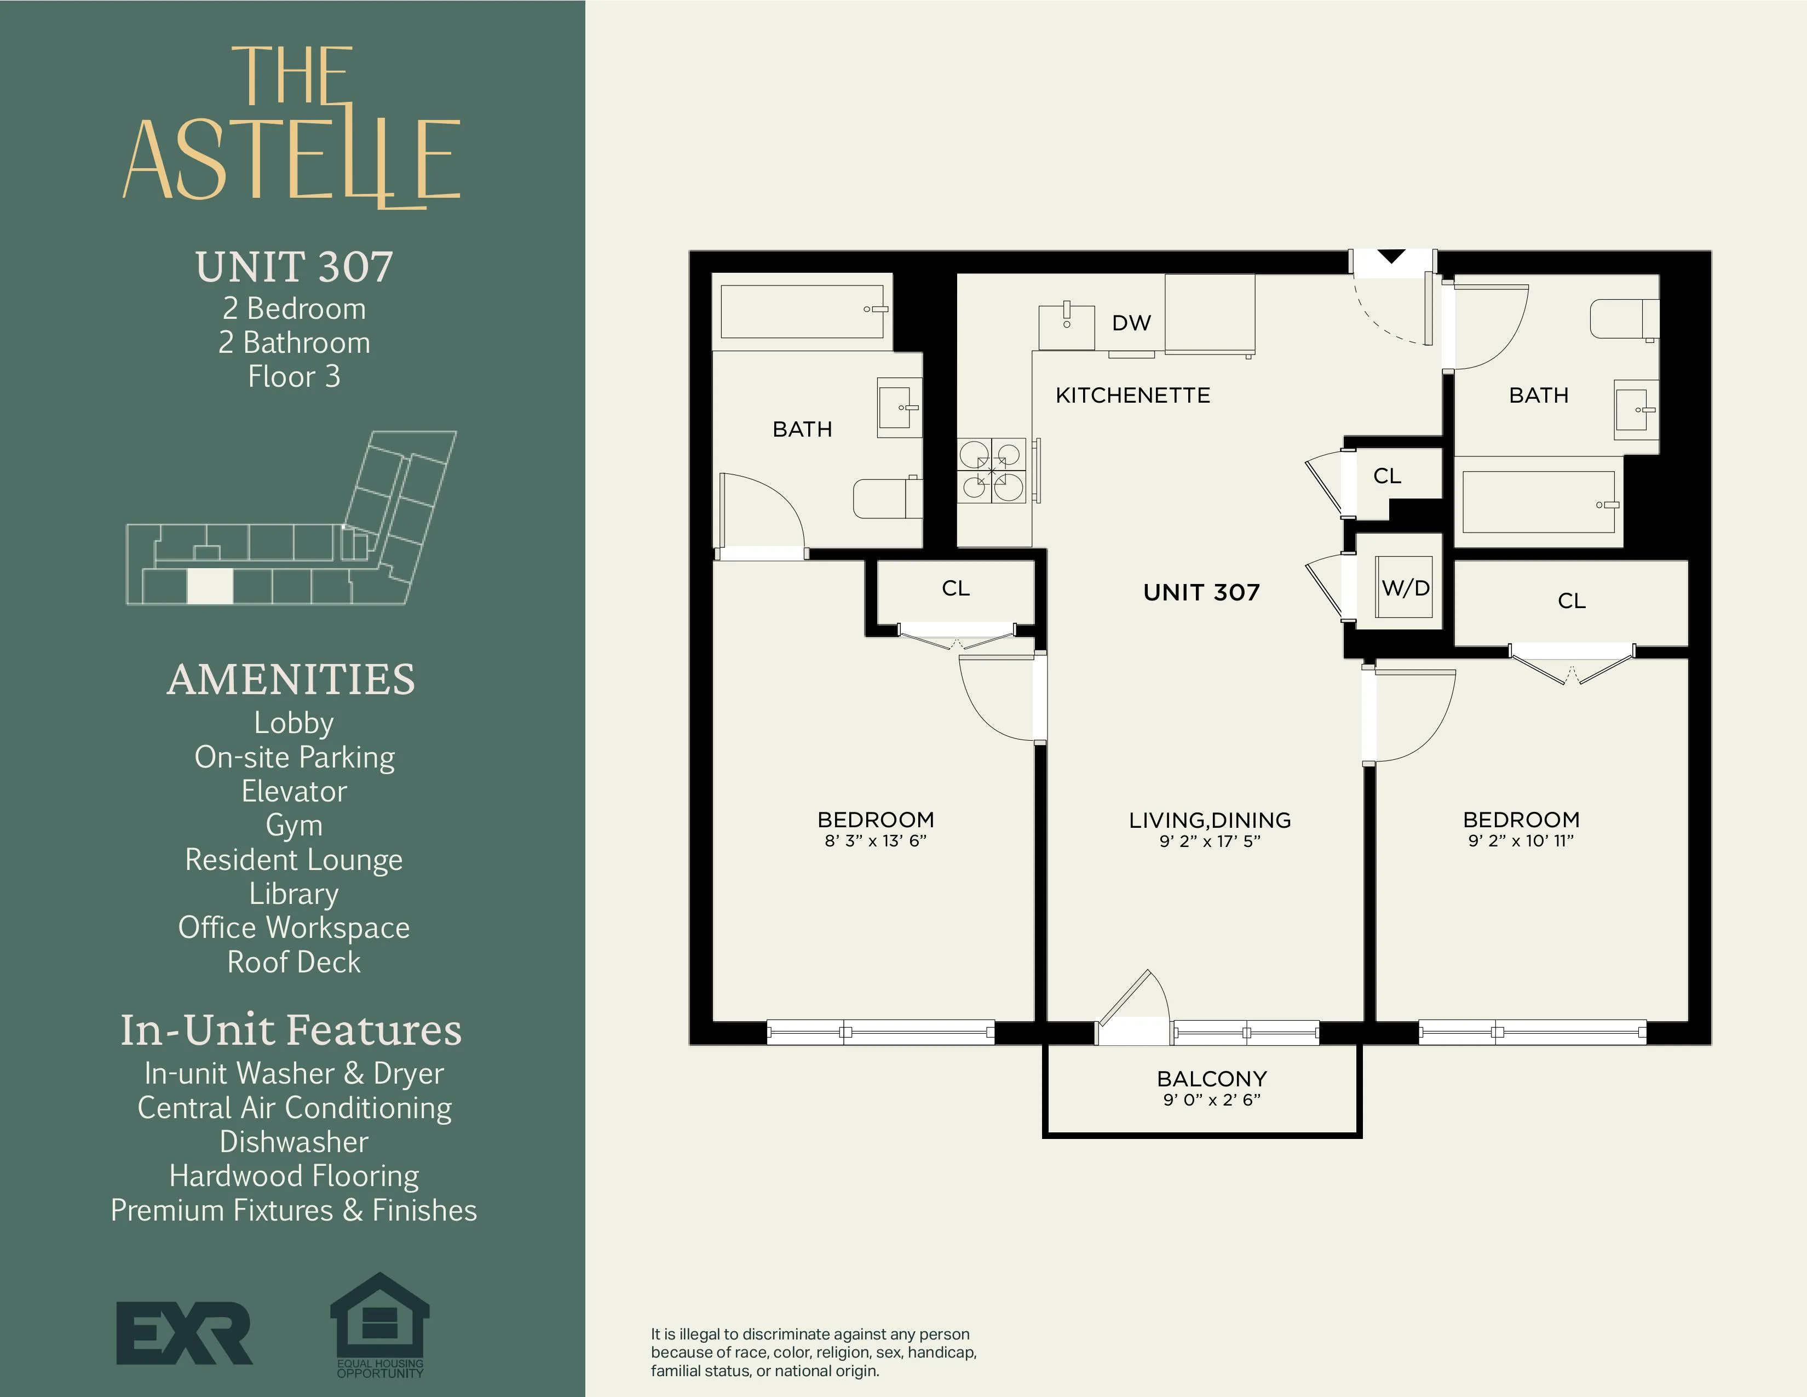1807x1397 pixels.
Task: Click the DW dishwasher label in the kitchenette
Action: point(1131,323)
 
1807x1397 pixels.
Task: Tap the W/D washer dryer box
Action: point(1405,588)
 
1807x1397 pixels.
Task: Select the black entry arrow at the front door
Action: point(1391,256)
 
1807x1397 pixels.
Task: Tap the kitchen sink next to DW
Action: point(1067,326)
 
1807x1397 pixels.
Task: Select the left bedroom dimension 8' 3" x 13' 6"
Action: point(876,841)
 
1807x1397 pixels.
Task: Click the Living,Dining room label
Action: point(1210,820)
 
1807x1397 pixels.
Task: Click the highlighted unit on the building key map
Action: point(210,586)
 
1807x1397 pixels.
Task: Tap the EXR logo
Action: point(183,1332)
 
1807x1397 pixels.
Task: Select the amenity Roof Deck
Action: point(294,961)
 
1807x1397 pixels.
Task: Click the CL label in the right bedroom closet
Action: point(1571,601)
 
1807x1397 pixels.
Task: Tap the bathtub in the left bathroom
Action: point(802,312)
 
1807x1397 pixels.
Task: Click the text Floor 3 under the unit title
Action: point(294,376)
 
